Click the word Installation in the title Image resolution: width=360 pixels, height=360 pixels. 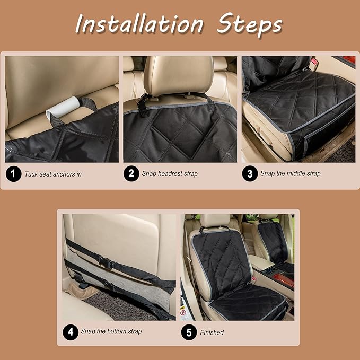pos(139,24)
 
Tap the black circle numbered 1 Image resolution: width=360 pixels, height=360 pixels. pos(13,174)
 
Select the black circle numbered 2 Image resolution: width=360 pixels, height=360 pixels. pos(131,173)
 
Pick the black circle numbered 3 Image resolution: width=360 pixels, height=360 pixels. pos(250,173)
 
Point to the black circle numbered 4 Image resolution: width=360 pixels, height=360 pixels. pos(71,332)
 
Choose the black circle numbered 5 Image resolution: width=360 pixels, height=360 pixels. pos(189,332)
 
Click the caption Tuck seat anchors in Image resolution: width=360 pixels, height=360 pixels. pos(53,174)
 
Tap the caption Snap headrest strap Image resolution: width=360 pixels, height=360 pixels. pos(170,174)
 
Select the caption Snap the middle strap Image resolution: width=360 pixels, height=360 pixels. pos(291,173)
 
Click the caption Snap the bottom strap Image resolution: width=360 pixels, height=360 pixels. pos(111,331)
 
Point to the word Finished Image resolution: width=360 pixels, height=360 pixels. pos(212,332)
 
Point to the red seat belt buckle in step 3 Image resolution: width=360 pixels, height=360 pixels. pos(313,63)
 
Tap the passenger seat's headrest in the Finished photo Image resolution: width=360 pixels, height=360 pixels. pos(268,217)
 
